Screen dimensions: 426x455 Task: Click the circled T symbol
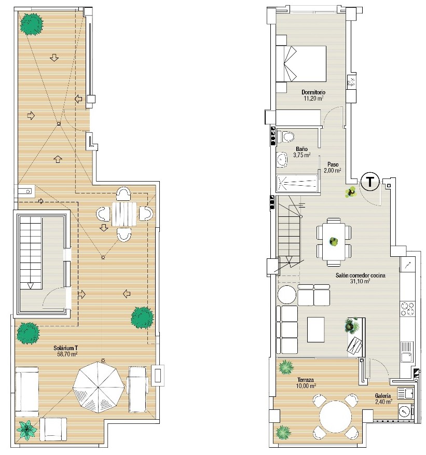tap(370, 182)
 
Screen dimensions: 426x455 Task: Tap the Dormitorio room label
tap(313, 92)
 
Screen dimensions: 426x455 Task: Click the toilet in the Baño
tap(285, 136)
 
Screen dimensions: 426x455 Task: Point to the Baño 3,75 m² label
tap(302, 152)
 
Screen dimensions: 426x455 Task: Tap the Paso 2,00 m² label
tap(332, 168)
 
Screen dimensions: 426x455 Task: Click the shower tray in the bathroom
tap(297, 183)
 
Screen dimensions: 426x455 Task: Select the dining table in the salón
tap(334, 241)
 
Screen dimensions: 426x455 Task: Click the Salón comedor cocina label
tap(361, 275)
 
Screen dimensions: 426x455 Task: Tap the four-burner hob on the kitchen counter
tap(407, 309)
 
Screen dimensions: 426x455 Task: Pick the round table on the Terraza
tap(335, 417)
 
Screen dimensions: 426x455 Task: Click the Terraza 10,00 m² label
tap(307, 383)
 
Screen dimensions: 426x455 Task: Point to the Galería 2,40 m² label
tap(383, 398)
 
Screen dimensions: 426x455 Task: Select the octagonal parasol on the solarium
tap(99, 387)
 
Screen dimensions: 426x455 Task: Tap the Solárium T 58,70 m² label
tap(65, 351)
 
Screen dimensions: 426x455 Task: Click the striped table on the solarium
tap(124, 214)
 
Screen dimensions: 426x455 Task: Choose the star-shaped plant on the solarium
tap(26, 431)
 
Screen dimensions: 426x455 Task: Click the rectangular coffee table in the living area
tap(315, 329)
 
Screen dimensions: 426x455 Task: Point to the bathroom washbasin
tap(281, 160)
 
